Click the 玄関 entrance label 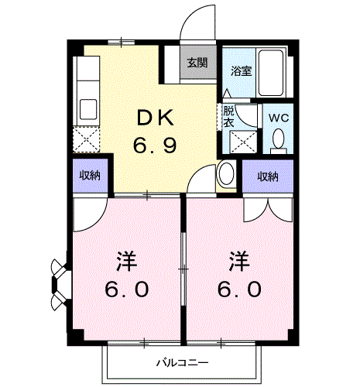(197, 63)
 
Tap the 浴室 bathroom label (242, 71)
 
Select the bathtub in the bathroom (271, 73)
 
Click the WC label (279, 118)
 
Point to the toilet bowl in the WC (279, 139)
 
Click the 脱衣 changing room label (228, 117)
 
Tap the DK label (156, 118)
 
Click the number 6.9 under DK (155, 145)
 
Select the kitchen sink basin (88, 109)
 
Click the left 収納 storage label (90, 176)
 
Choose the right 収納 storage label (268, 176)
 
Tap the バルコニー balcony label (183, 363)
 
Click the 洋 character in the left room (126, 261)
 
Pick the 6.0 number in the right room (239, 289)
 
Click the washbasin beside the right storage (226, 173)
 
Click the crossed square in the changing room (243, 142)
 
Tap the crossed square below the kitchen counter (86, 140)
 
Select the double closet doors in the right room (268, 211)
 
